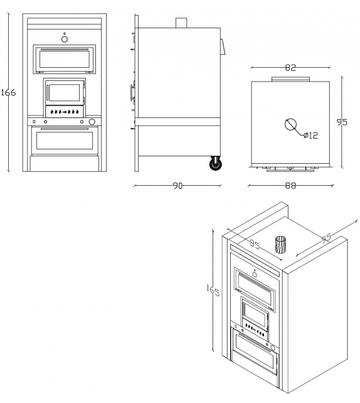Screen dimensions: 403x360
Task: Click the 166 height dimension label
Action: click(x=8, y=92)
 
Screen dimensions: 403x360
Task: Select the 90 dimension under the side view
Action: click(x=177, y=186)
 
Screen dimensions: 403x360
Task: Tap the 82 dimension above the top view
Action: click(x=290, y=68)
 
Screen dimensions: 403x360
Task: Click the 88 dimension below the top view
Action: click(x=290, y=186)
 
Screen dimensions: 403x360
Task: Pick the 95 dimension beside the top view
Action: click(x=342, y=123)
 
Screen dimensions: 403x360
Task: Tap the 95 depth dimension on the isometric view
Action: click(x=326, y=239)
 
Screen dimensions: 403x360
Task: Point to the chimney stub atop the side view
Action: click(x=181, y=23)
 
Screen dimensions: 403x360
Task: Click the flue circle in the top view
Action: click(x=292, y=124)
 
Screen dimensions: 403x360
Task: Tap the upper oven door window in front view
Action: click(x=65, y=59)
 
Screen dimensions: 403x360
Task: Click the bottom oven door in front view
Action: click(x=65, y=140)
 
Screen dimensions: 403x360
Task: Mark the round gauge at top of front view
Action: click(x=65, y=39)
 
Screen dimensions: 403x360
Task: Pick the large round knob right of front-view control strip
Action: click(x=92, y=122)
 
